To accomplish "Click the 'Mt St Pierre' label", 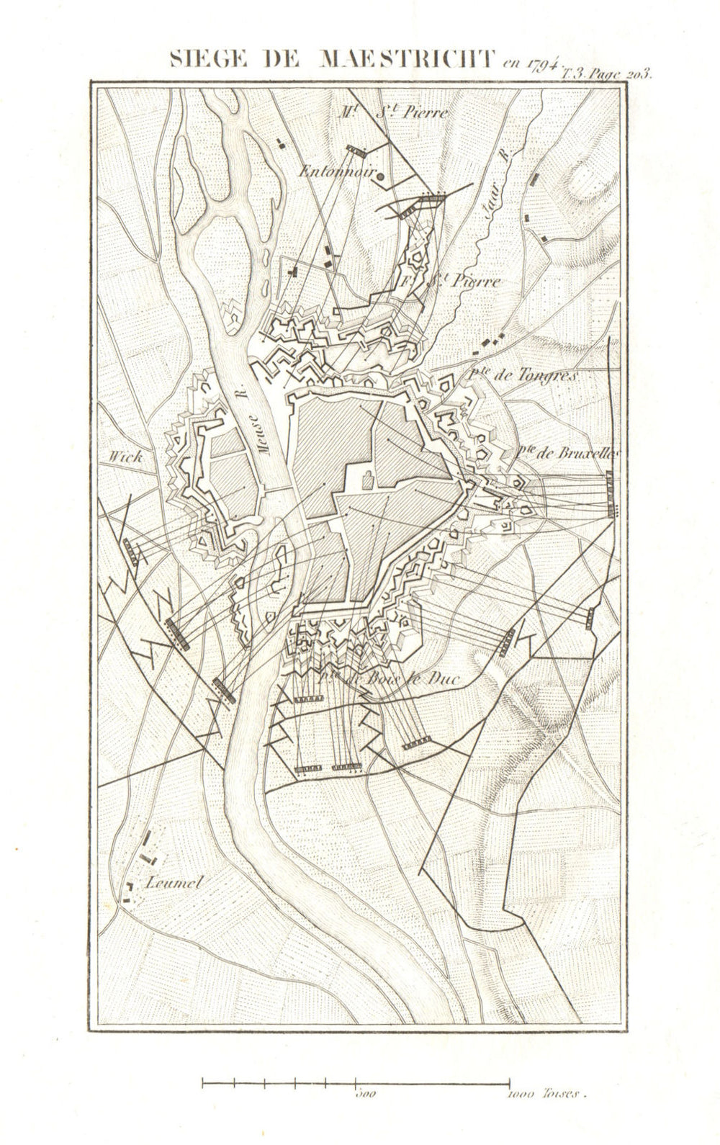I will tap(396, 112).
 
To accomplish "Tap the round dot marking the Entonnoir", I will tap(381, 175).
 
